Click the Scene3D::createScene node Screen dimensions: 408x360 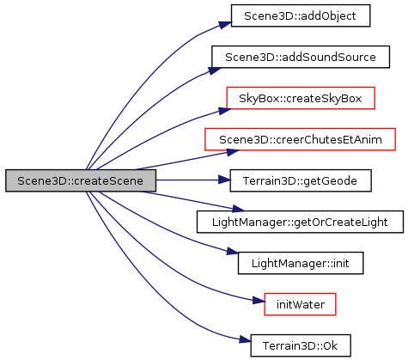click(81, 180)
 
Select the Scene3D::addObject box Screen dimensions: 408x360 click(301, 15)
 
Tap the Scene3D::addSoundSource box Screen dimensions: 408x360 click(301, 57)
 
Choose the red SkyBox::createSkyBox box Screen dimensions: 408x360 click(301, 98)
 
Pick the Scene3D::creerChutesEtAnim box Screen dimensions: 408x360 click(300, 139)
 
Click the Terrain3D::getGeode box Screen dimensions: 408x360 click(301, 180)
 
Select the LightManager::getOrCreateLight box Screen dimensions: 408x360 click(300, 222)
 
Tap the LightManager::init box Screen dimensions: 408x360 click(301, 263)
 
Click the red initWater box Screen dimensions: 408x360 click(300, 304)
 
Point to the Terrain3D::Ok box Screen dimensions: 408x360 click(301, 345)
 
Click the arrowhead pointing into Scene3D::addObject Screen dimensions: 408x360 click(225, 25)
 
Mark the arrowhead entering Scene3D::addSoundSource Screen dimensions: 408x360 click(215, 70)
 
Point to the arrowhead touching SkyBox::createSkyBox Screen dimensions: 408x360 click(225, 111)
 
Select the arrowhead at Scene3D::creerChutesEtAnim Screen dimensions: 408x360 click(233, 152)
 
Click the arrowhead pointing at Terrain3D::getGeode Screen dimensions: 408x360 click(224, 180)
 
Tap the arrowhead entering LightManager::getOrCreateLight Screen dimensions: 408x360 click(238, 209)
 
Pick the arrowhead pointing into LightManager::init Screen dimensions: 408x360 click(232, 251)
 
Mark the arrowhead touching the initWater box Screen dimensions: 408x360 click(259, 301)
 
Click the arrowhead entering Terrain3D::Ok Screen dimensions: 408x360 click(246, 340)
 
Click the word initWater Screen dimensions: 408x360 click(301, 304)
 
